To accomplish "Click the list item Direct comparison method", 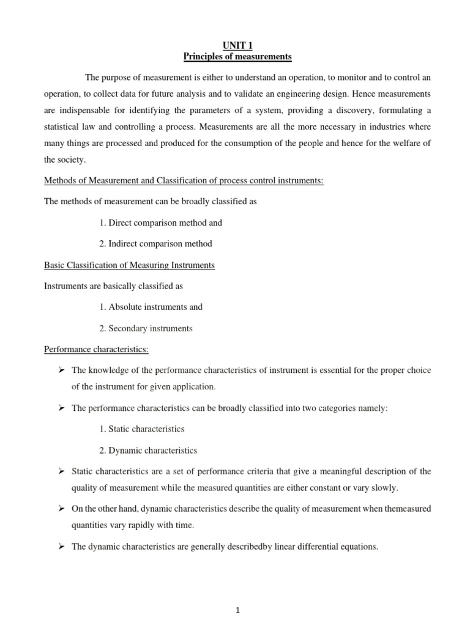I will click(x=160, y=223).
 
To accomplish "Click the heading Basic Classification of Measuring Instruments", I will click(x=129, y=265).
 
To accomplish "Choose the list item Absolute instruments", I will click(x=151, y=307).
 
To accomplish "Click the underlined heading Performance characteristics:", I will click(x=96, y=349).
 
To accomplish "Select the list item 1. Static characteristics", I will click(x=141, y=429).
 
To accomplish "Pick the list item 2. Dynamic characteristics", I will click(x=148, y=451).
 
